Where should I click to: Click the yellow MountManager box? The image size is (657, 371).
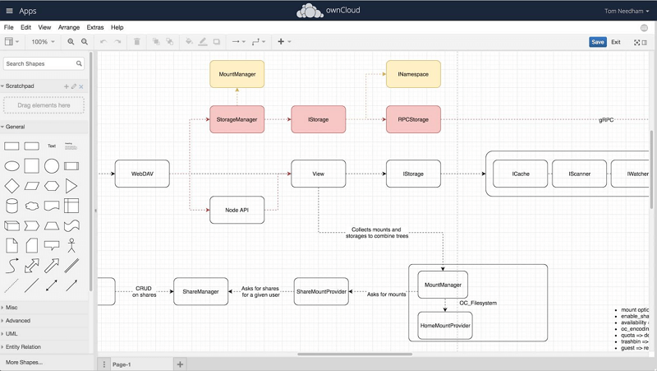coord(237,74)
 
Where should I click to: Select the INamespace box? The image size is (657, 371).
coord(413,74)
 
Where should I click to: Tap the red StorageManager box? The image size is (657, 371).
coord(237,119)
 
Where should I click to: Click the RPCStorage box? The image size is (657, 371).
coord(413,119)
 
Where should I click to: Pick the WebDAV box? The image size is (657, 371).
coord(142,174)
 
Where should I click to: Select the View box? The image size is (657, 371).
coord(318,174)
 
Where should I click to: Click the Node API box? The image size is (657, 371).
coord(237,210)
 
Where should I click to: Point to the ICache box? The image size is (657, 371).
coord(520,174)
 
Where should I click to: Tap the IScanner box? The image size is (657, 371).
coord(580,174)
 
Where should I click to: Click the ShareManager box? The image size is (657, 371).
coord(200,291)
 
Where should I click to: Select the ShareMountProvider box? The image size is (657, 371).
coord(321,291)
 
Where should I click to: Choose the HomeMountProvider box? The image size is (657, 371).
coord(444,326)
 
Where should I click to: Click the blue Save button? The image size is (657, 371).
coord(598,42)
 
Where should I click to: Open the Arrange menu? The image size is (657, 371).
coord(69,27)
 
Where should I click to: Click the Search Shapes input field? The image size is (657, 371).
coord(39,63)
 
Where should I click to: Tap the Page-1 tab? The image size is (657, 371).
coord(122,364)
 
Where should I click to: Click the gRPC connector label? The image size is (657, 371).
coord(606,120)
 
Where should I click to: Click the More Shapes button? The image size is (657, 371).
coord(24,362)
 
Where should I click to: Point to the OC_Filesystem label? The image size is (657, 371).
coord(477,304)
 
